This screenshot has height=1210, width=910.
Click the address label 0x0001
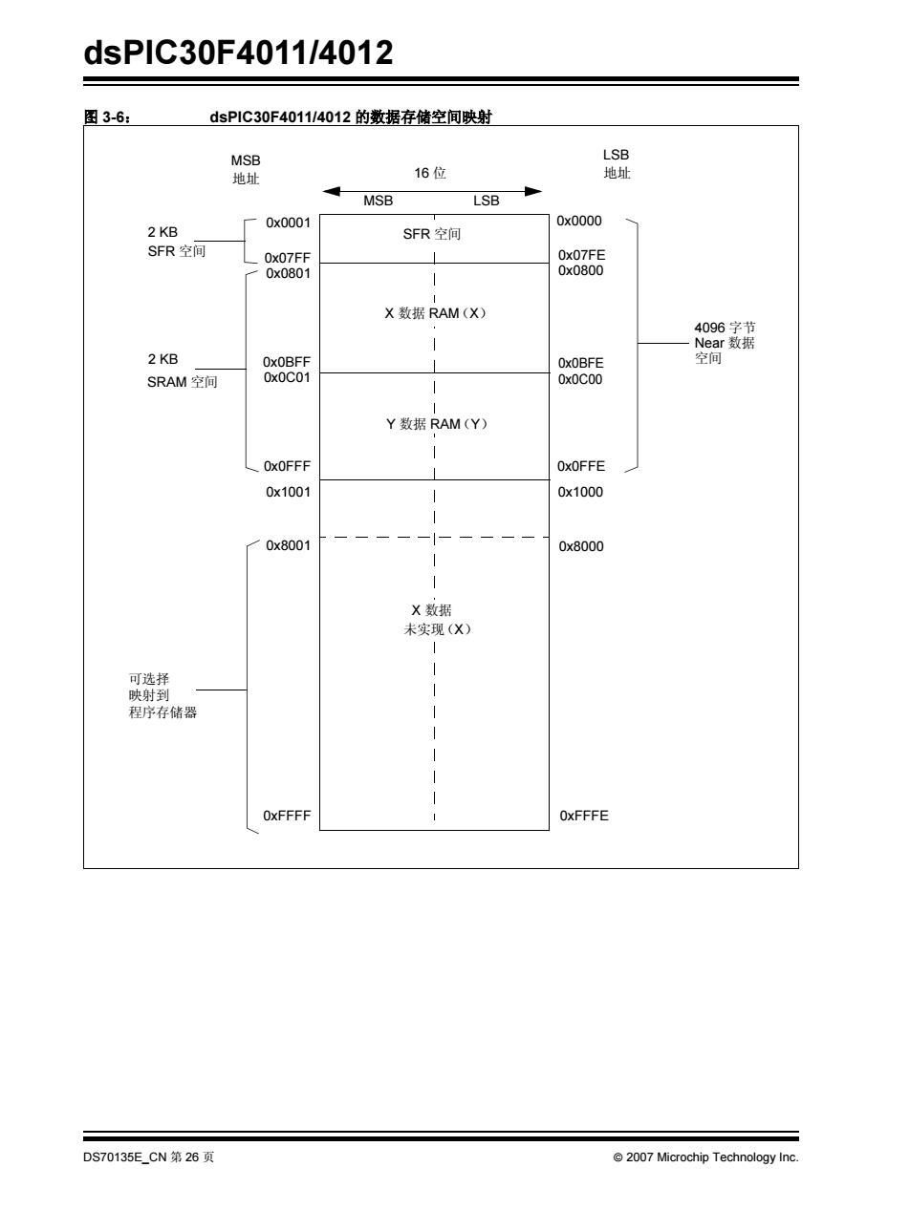(x=288, y=223)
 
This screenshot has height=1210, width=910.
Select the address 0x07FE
(x=581, y=255)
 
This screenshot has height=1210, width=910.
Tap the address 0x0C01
(x=287, y=377)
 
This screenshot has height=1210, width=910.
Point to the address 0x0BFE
(x=581, y=363)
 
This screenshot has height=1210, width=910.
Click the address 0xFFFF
(x=287, y=816)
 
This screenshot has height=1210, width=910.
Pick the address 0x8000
(x=581, y=546)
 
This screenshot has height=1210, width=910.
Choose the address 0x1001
(x=288, y=492)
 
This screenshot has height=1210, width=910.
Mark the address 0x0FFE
(x=581, y=466)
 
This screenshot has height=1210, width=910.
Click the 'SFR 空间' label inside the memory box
(x=432, y=234)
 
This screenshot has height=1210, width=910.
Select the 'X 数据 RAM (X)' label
(x=436, y=313)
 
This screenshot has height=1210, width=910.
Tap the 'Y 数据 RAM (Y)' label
(x=437, y=424)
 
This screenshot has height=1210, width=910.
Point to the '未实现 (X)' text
(x=438, y=629)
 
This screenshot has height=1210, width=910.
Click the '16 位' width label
(x=430, y=173)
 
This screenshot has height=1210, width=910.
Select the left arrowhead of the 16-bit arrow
(x=331, y=192)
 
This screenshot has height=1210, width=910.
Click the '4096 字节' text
(x=725, y=328)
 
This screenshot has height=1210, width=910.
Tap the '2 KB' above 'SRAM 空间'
(x=162, y=359)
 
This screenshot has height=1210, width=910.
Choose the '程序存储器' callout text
(x=162, y=712)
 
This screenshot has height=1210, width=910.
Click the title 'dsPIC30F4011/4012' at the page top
(x=238, y=53)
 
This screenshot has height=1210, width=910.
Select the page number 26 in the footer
(x=192, y=1157)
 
